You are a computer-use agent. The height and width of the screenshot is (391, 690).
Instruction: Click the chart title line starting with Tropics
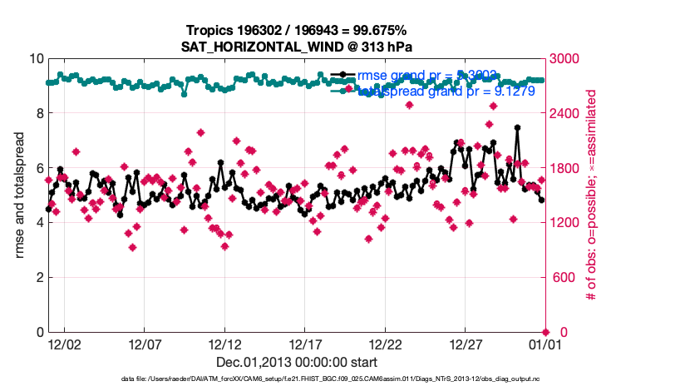point(297,32)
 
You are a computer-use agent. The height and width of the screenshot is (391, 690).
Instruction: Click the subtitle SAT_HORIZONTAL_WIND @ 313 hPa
point(297,47)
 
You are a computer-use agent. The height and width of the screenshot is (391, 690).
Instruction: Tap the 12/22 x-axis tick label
point(386,344)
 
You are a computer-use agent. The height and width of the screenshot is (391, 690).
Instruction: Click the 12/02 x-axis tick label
point(64,344)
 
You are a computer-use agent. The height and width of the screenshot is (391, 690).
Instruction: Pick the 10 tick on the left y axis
point(37,59)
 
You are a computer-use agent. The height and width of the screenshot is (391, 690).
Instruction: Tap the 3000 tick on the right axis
point(567,59)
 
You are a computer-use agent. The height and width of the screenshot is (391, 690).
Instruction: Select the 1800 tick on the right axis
point(567,168)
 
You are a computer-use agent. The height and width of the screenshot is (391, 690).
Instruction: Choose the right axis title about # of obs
point(593,195)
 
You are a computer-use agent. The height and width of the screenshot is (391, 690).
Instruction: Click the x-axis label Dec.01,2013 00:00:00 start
point(297,362)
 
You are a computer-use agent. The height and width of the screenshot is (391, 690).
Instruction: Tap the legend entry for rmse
point(403,75)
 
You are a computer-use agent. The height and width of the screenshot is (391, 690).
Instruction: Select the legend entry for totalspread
point(416,92)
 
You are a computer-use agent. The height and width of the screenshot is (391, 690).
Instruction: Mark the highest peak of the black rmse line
point(517,128)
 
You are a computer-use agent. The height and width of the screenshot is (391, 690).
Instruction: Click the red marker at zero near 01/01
point(546,332)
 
